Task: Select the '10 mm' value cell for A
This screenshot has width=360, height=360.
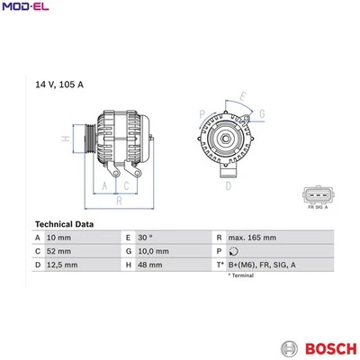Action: (59, 238)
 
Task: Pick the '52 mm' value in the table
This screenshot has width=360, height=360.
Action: (59, 251)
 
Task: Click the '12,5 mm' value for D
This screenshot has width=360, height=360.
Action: (62, 265)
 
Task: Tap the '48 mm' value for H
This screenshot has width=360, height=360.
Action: (149, 265)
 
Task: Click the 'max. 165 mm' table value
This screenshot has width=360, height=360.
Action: (253, 238)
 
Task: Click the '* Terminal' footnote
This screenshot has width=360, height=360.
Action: (241, 276)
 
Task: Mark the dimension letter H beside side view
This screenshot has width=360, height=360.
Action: (64, 139)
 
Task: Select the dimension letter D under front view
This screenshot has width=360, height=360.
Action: (229, 185)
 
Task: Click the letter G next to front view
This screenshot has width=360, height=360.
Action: (261, 113)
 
